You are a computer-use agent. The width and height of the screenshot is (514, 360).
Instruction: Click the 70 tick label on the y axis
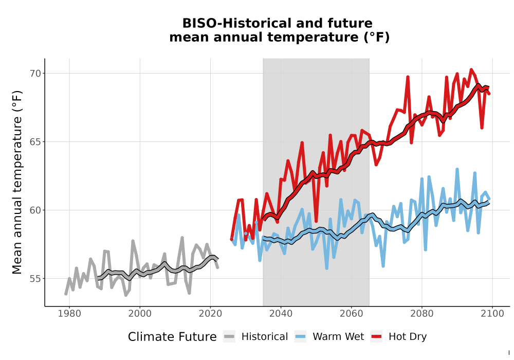point(35,74)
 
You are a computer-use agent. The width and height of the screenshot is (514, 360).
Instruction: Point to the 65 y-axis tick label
point(35,142)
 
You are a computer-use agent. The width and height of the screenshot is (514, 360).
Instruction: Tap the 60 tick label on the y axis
point(35,210)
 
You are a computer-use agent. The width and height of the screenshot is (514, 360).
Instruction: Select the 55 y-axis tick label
point(35,279)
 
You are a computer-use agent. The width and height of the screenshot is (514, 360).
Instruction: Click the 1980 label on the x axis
point(69,314)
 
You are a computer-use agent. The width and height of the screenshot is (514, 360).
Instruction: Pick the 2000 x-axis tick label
point(140,314)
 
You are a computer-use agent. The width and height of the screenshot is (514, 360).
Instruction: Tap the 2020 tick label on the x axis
point(210,314)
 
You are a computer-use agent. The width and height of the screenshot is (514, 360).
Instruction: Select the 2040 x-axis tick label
point(281,314)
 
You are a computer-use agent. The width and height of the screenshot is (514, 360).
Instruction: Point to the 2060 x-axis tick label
point(352,314)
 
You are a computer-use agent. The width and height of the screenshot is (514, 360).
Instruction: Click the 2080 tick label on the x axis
point(422,314)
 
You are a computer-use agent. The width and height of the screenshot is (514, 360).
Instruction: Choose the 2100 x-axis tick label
point(492,314)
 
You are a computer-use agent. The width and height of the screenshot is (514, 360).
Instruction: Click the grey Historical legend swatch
point(229,337)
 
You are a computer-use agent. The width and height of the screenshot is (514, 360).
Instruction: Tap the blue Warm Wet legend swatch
point(300,337)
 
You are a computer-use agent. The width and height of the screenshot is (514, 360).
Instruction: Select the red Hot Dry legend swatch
point(377,337)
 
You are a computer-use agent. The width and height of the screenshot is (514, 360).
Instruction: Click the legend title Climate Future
point(172,337)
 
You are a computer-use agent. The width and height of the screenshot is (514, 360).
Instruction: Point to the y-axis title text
point(17,182)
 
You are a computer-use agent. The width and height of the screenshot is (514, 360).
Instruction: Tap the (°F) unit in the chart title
point(377,37)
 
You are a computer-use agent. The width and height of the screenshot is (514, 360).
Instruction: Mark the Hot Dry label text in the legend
point(408,337)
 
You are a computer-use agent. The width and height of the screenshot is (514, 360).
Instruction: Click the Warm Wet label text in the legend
point(338,336)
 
